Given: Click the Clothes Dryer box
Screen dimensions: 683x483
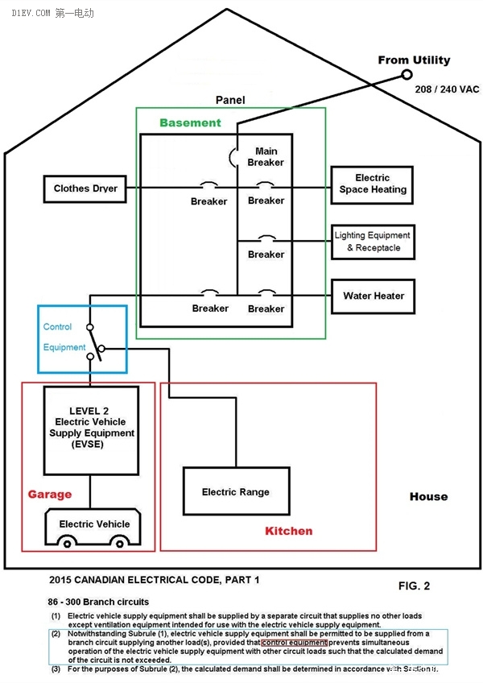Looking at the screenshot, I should point(85,189).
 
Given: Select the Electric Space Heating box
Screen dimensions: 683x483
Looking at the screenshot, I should point(372,184).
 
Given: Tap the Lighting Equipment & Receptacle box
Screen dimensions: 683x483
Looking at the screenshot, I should point(372,242).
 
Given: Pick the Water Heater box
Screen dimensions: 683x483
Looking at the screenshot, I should point(373,296).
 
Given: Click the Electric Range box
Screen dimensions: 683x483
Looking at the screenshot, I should point(235,491).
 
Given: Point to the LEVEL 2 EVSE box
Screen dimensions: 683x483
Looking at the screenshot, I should point(91,429).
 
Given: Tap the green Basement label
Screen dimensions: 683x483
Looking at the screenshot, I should point(190,123).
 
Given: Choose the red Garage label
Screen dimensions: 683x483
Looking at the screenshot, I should point(50,495).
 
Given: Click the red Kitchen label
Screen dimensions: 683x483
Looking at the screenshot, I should point(288,532).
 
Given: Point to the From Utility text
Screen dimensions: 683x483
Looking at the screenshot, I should point(414,60).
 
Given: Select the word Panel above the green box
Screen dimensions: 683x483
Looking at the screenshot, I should point(230,101).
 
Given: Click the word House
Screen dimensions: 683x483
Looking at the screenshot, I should point(428,496).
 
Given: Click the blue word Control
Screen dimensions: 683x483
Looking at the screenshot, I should point(57,327).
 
